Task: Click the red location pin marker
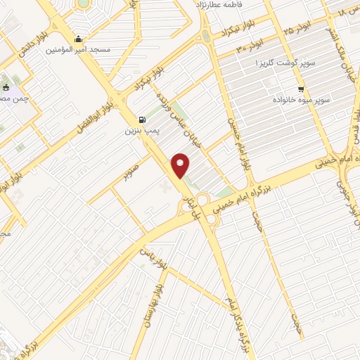pyautogui.click(x=181, y=165)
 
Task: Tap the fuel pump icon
pyautogui.click(x=143, y=120)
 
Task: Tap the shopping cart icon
pyautogui.click(x=302, y=89)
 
